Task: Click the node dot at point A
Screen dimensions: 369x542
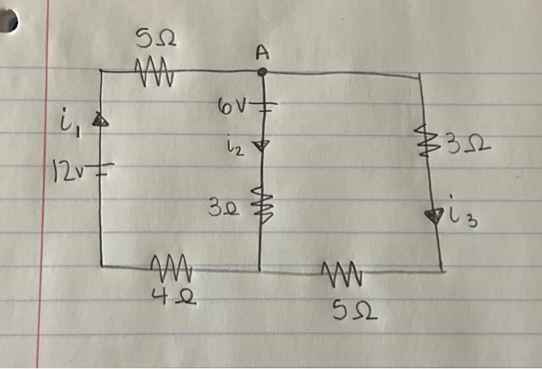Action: (x=262, y=72)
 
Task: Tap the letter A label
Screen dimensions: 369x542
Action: (x=262, y=52)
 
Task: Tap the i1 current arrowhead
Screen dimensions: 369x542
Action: (x=99, y=120)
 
